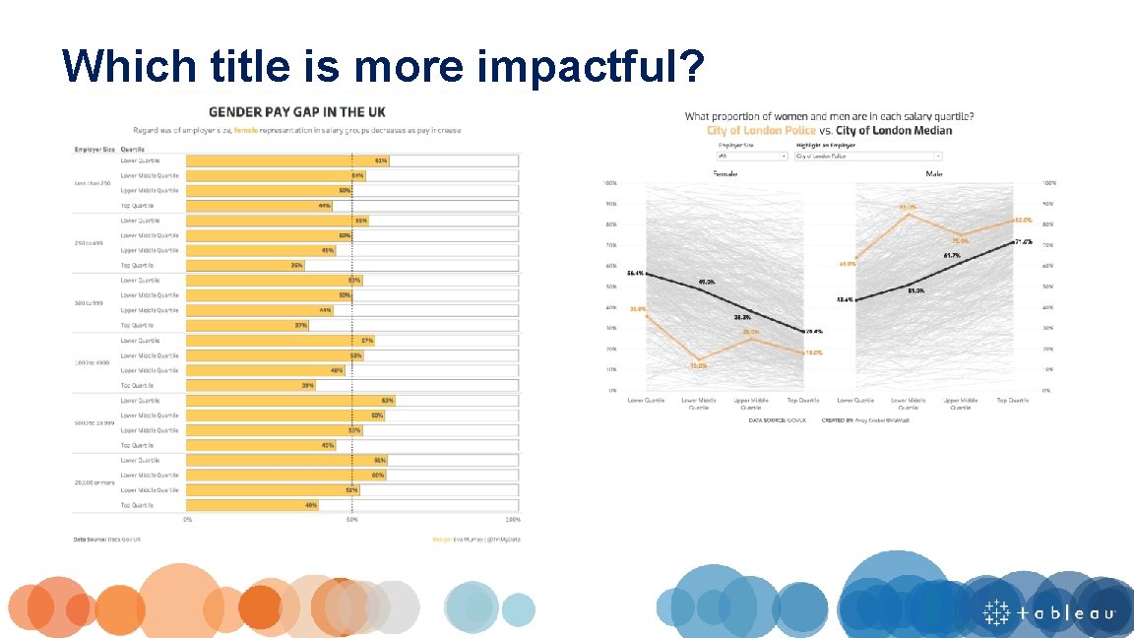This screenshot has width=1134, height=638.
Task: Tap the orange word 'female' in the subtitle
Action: [247, 130]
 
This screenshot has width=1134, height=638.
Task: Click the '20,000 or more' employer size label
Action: [94, 482]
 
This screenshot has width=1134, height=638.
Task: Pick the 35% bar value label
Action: [296, 265]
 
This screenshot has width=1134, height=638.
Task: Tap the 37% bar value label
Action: [301, 325]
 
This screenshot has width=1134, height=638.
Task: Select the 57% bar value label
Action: [366, 340]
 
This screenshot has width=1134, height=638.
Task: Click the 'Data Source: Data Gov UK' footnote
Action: [108, 539]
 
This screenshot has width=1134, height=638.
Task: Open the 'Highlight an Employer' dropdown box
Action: [868, 156]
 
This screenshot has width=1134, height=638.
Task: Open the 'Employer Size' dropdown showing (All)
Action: [753, 156]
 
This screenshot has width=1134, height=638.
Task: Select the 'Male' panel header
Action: [933, 173]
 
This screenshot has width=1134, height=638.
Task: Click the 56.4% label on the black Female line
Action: [635, 273]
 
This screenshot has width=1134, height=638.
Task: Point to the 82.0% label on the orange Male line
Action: [1024, 221]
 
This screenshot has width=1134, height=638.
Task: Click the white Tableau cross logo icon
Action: [998, 611]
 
